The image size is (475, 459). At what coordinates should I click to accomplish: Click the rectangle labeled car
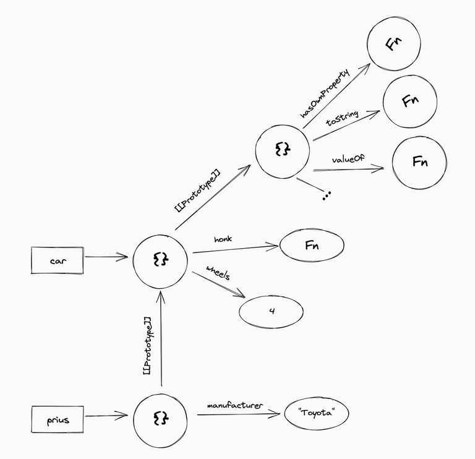pyautogui.click(x=58, y=260)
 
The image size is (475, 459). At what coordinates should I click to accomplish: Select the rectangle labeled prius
pyautogui.click(x=58, y=420)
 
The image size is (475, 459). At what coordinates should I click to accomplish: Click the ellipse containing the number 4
pyautogui.click(x=272, y=311)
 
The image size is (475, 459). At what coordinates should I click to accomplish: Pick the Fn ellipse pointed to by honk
pyautogui.click(x=312, y=246)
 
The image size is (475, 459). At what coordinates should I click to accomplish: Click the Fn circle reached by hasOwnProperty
pyautogui.click(x=393, y=45)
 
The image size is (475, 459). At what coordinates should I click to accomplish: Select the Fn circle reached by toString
pyautogui.click(x=409, y=101)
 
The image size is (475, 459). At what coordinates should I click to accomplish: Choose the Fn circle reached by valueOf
pyautogui.click(x=419, y=162)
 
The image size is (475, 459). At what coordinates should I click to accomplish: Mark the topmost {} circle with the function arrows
pyautogui.click(x=282, y=150)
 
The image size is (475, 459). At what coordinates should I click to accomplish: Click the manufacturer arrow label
pyautogui.click(x=235, y=406)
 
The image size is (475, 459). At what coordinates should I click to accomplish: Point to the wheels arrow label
pyautogui.click(x=218, y=274)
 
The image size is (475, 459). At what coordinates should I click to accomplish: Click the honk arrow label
pyautogui.click(x=222, y=239)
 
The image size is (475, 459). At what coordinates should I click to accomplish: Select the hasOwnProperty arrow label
pyautogui.click(x=325, y=92)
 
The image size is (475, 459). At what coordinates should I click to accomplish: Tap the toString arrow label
pyautogui.click(x=342, y=118)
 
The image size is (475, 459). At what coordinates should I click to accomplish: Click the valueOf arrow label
pyautogui.click(x=348, y=160)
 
